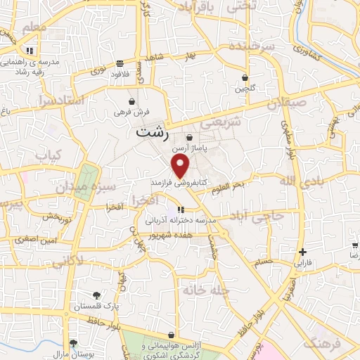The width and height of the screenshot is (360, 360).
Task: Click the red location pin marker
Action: point(181,167)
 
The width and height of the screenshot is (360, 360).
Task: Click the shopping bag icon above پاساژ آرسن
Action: point(190,138)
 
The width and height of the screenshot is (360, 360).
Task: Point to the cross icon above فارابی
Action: point(302,252)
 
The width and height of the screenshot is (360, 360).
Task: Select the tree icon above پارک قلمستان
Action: point(96,295)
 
